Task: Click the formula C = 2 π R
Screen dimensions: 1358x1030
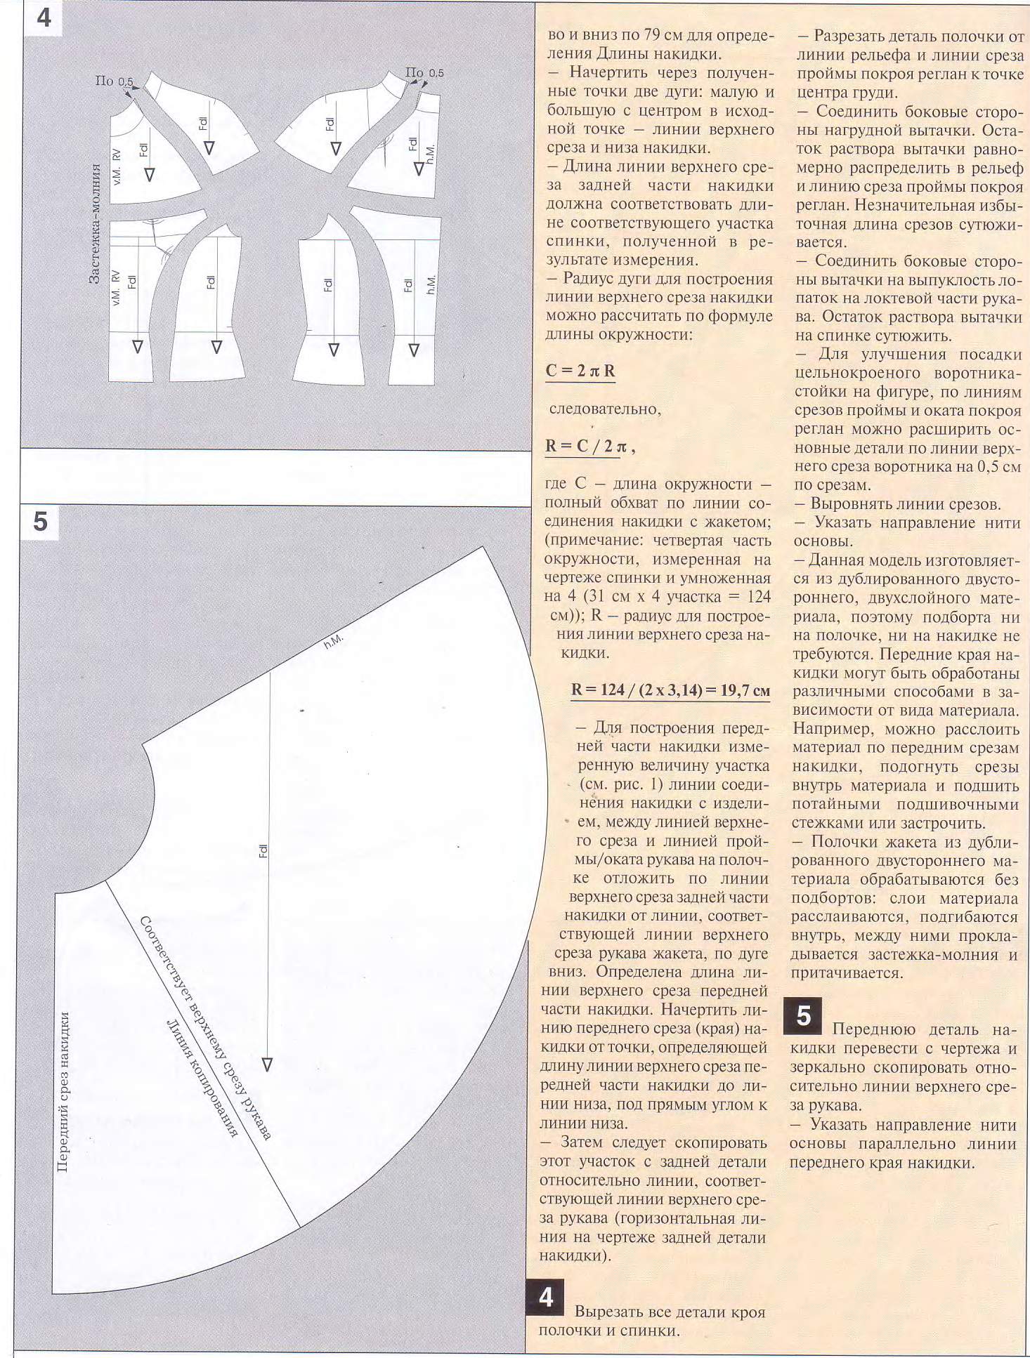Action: coord(580,371)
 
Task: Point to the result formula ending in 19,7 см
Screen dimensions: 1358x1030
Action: coord(670,690)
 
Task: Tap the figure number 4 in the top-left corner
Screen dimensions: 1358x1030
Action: coord(43,17)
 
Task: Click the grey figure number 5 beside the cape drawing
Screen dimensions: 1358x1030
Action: coord(40,522)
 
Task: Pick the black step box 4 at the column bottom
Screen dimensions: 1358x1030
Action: coord(545,1298)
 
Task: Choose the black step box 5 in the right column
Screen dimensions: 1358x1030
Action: coord(803,1016)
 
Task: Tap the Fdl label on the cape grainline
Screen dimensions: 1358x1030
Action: coord(263,851)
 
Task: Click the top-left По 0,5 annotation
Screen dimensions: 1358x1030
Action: coord(113,81)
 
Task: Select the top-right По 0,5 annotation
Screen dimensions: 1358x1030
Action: coord(424,73)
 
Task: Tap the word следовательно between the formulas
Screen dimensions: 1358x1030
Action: coord(604,409)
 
